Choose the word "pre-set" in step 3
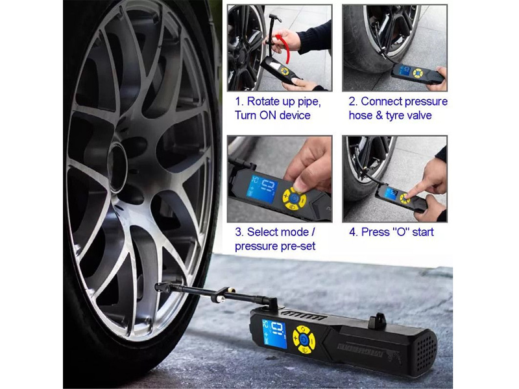tap(296, 246)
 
